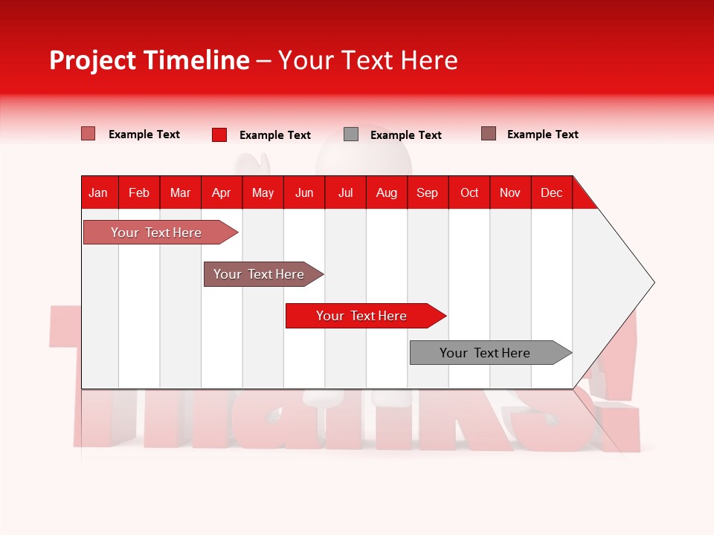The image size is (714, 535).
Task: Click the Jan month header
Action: [x=98, y=192]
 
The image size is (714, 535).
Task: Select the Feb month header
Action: [x=139, y=192]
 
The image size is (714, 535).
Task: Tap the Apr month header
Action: [x=222, y=192]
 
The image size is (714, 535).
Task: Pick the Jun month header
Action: [x=304, y=192]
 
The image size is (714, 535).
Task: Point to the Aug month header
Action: [x=387, y=192]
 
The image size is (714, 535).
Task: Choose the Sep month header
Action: [x=428, y=192]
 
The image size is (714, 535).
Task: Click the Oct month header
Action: [x=469, y=192]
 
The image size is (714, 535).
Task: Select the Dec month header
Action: [x=552, y=192]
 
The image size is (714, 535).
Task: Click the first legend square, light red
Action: [x=89, y=134]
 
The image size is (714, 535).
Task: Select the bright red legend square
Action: [x=219, y=134]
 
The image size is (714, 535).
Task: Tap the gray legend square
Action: [x=351, y=134]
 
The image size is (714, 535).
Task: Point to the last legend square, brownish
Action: [x=489, y=134]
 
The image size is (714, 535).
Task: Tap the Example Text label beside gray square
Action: [x=406, y=135]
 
